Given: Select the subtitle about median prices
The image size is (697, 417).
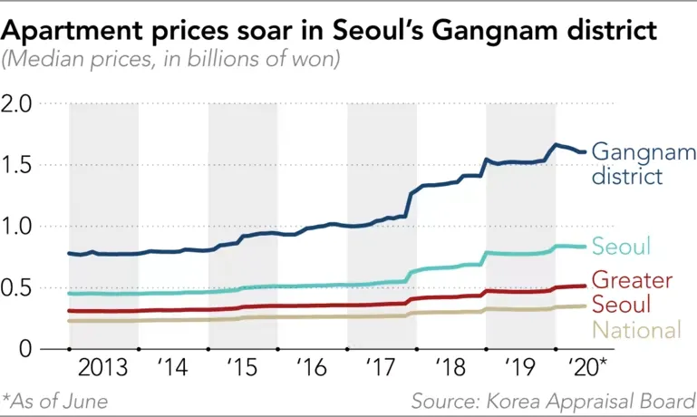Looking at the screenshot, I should (172, 62).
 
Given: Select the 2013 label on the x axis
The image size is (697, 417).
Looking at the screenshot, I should (103, 370).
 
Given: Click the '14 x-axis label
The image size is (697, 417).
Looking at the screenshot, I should (173, 370).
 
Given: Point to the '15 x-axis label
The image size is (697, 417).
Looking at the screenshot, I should (243, 370).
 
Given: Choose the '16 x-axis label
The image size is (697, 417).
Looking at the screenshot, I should (312, 370).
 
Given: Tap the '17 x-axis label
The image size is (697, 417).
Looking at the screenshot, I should (382, 370).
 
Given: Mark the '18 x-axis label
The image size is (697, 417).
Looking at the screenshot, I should (451, 370).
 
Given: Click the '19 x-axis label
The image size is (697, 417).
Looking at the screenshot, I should (520, 370).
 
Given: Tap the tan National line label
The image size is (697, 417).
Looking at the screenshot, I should (635, 330).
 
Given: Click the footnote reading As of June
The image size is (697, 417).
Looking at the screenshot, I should (56, 400).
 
